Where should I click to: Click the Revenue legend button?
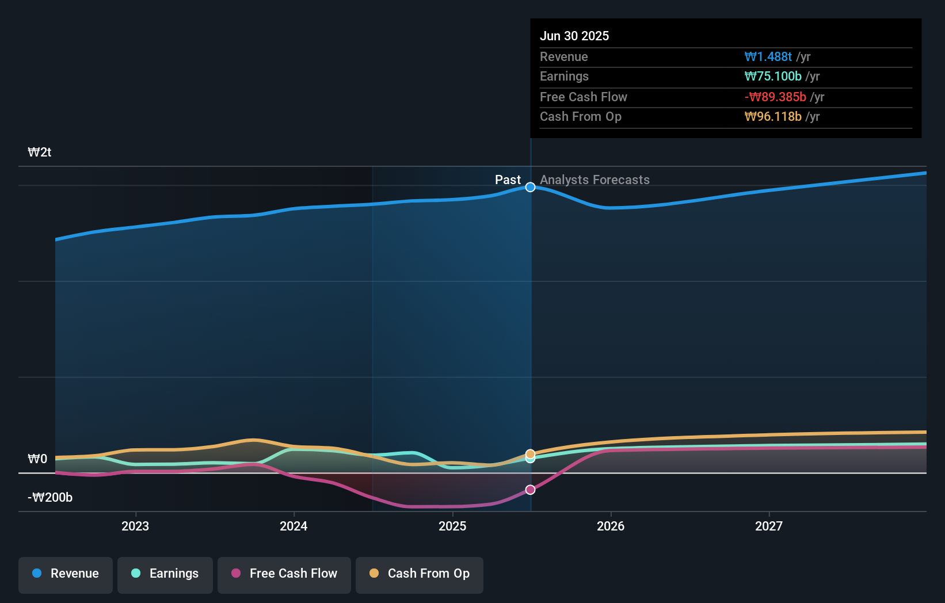66,574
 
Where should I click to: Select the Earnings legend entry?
165,574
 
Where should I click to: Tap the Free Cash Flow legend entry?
284,574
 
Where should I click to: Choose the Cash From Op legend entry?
420,574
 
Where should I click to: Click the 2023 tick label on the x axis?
135,526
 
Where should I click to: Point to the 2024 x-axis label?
294,526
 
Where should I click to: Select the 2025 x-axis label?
452,526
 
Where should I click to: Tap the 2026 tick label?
611,526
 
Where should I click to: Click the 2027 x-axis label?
769,526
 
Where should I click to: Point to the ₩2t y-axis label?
40,152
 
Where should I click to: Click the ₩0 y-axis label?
37,459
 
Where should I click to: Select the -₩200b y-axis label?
50,498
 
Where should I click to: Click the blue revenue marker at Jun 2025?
531,187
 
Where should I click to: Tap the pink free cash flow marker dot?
531,490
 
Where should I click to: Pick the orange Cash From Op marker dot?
531,453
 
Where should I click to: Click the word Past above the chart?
508,180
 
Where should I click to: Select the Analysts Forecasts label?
595,180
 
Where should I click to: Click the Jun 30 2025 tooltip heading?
574,36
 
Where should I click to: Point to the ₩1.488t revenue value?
768,57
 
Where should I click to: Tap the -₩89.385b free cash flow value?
775,97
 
